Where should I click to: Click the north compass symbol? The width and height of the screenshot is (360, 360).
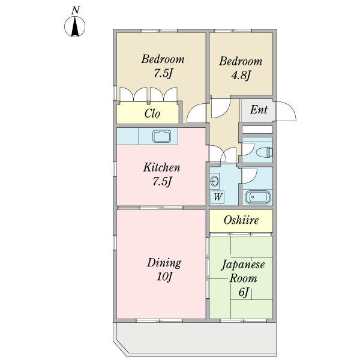74,26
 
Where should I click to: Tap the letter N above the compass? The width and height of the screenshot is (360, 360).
76,10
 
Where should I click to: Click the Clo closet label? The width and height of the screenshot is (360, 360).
152,113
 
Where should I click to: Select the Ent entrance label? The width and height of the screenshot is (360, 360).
259,110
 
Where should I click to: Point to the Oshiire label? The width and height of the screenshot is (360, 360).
241,220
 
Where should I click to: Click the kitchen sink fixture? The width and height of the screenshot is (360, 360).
161,136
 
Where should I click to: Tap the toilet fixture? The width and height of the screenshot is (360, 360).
264,152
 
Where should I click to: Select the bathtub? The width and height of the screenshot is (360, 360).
257,197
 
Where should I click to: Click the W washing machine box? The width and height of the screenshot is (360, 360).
217,197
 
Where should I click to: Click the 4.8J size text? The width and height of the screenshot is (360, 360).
241,75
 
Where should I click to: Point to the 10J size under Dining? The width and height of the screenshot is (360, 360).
164,277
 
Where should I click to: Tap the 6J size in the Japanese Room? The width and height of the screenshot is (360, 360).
244,292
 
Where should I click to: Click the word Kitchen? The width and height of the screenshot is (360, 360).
161,167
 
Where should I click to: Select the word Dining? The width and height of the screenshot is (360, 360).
164,263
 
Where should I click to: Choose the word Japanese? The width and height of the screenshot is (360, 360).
243,265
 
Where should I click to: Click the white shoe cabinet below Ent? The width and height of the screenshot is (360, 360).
257,130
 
